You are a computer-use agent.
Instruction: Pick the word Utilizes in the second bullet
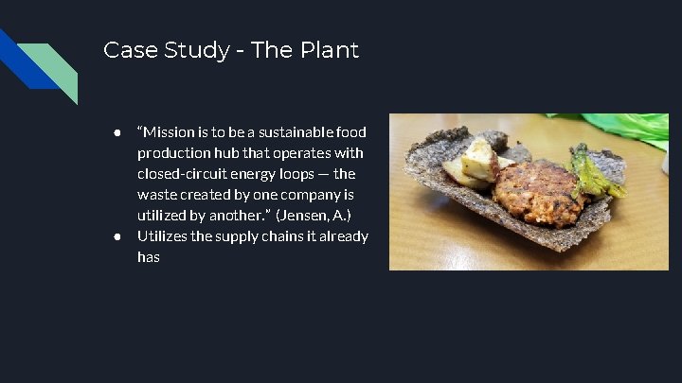coord(161,235)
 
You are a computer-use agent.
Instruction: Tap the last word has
coord(149,256)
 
